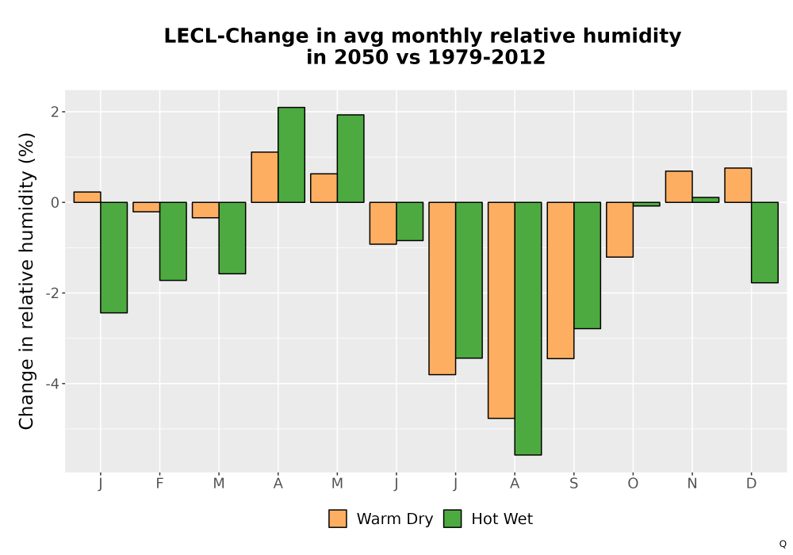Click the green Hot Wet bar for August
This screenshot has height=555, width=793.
click(528, 328)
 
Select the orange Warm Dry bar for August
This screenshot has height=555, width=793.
click(501, 310)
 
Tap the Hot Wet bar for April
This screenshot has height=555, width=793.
click(291, 155)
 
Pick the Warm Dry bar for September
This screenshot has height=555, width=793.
click(561, 281)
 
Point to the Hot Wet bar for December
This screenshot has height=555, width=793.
click(764, 243)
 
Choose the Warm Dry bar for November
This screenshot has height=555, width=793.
click(679, 186)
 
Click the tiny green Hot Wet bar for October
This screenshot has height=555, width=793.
click(646, 205)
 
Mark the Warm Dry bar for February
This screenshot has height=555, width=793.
click(146, 207)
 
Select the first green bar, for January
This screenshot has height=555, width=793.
click(113, 258)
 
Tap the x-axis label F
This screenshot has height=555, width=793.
click(159, 484)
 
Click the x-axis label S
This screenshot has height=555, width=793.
click(573, 484)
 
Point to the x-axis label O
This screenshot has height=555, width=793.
click(633, 484)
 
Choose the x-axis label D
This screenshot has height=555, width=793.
click(751, 484)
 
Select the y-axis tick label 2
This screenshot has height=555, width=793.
click(55, 112)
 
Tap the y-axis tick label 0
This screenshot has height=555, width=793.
click(55, 202)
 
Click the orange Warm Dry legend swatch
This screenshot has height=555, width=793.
click(338, 519)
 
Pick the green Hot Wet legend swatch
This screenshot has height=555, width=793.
click(453, 519)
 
